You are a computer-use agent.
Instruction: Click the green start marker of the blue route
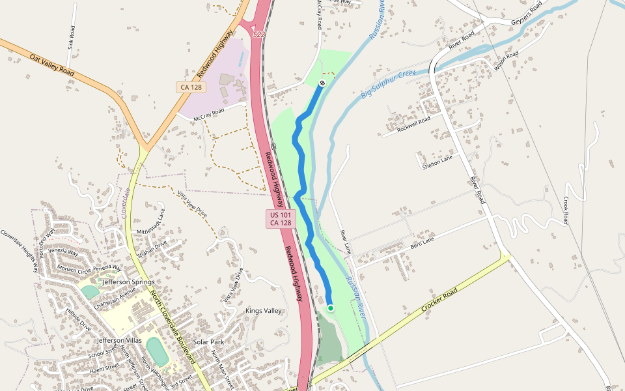(331, 308)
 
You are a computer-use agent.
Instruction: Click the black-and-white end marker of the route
(322, 83)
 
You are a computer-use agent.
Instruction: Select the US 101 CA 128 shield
(280, 219)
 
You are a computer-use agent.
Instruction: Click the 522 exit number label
(259, 34)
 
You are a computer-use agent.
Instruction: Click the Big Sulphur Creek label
(388, 85)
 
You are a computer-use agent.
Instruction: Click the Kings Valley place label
(264, 311)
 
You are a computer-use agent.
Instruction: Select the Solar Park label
(208, 342)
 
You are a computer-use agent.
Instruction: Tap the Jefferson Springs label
(128, 282)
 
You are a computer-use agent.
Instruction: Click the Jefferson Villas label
(119, 340)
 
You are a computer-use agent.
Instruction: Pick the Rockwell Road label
(414, 123)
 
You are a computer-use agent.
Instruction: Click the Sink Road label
(71, 38)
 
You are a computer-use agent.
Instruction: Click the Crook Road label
(566, 210)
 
